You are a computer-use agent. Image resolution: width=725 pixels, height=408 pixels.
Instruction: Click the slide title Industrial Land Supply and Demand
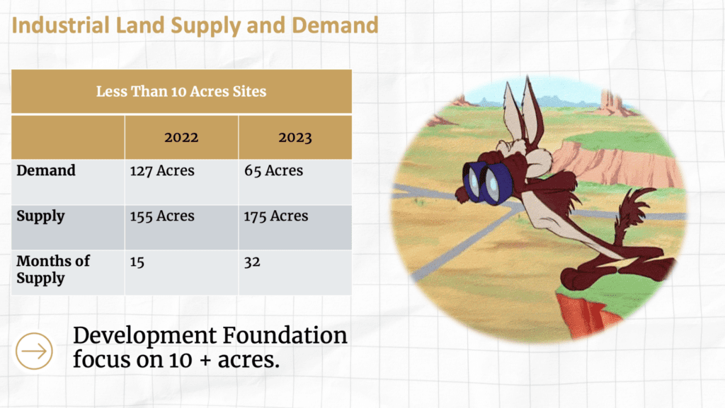coord(195,26)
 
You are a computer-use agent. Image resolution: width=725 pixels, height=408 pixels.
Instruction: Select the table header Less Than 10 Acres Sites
coord(181,91)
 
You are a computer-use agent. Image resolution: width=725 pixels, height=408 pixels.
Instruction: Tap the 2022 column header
coord(181,138)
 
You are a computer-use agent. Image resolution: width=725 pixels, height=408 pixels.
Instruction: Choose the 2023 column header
coord(295,138)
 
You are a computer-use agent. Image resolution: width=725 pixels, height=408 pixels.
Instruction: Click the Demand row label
coord(46,170)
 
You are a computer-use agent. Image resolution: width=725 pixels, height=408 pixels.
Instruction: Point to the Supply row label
coord(40,216)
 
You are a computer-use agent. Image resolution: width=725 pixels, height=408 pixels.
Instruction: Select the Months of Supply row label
coord(53,269)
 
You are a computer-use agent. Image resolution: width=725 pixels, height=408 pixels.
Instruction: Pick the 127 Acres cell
coord(162,170)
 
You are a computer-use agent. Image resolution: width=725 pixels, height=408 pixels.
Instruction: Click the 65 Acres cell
coord(274,170)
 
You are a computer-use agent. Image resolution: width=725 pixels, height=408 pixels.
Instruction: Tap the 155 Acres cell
coord(162,216)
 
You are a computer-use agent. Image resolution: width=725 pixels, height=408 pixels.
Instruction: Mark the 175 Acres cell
coord(276,216)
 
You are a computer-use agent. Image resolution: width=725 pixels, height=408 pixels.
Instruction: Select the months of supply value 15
coord(137,262)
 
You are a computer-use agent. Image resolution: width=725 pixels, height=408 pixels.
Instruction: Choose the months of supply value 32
coord(252,262)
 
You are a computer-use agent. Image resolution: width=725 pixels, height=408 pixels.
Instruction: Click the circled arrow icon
coord(34,351)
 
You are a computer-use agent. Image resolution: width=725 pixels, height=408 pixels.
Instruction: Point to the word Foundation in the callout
coord(285,336)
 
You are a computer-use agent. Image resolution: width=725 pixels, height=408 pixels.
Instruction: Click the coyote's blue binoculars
coord(486,182)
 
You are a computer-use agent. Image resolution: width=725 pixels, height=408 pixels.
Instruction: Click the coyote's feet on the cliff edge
coord(615,273)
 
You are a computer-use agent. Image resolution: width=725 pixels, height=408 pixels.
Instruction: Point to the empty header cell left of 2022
coord(68,138)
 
